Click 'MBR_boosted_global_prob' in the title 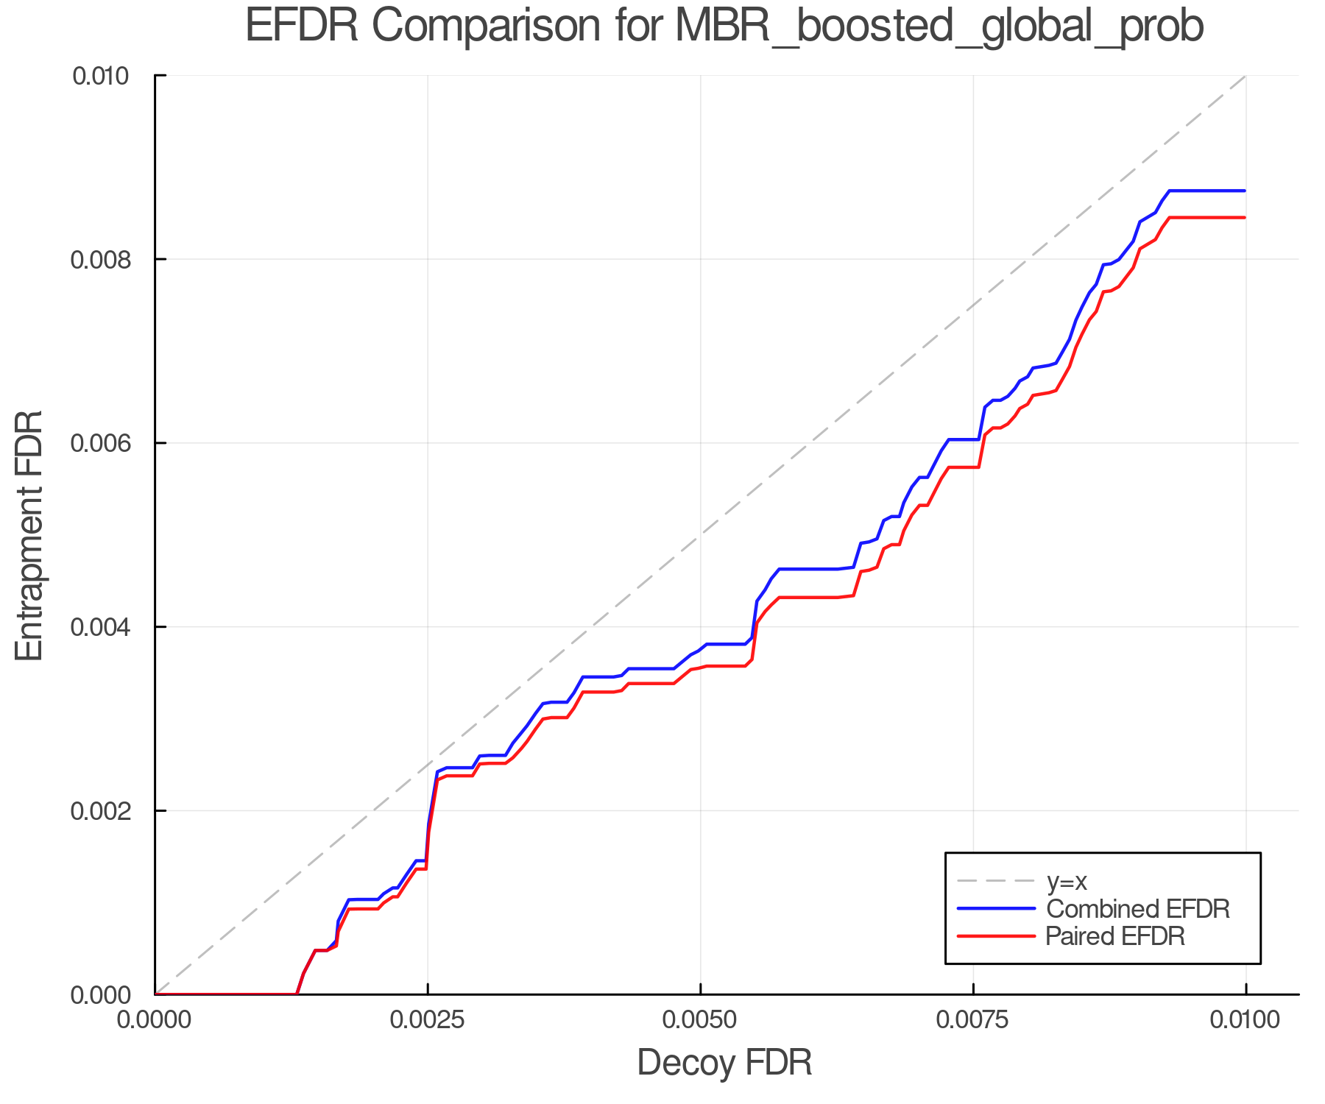click(x=939, y=26)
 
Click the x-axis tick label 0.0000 click(x=155, y=1021)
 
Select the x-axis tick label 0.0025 click(x=428, y=1021)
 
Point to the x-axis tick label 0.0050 click(x=700, y=1021)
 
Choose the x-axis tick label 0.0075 click(x=973, y=1021)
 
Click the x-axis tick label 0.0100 click(x=1245, y=1021)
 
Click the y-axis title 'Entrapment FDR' click(x=30, y=535)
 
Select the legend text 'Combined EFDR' click(x=1138, y=909)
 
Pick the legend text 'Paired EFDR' click(x=1115, y=936)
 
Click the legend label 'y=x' click(x=1067, y=881)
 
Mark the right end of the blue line click(x=1245, y=191)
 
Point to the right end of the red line click(x=1245, y=218)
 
